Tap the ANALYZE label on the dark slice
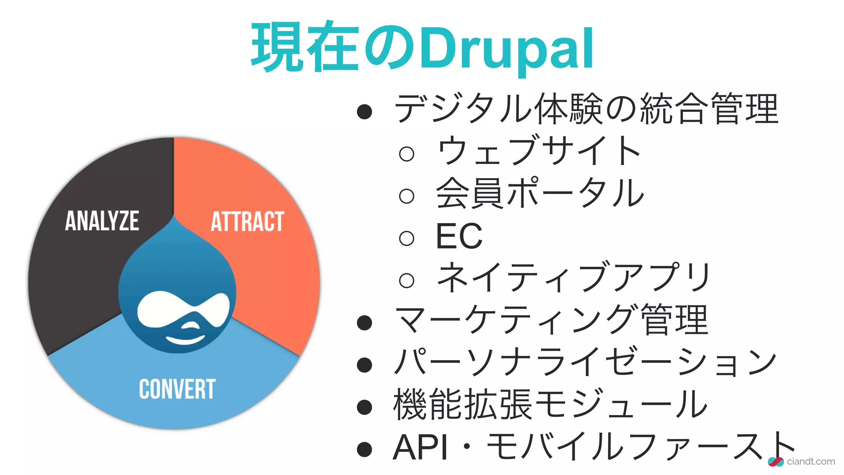(x=102, y=221)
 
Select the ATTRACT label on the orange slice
(x=247, y=221)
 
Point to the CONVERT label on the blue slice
(x=177, y=389)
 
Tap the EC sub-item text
(x=459, y=236)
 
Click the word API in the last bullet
(x=420, y=447)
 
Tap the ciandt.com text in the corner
(x=810, y=461)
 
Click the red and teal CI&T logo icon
(x=776, y=462)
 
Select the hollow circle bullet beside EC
(x=407, y=238)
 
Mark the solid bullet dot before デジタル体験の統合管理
(x=365, y=112)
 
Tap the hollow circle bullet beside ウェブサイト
(x=407, y=154)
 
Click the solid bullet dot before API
(x=365, y=449)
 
